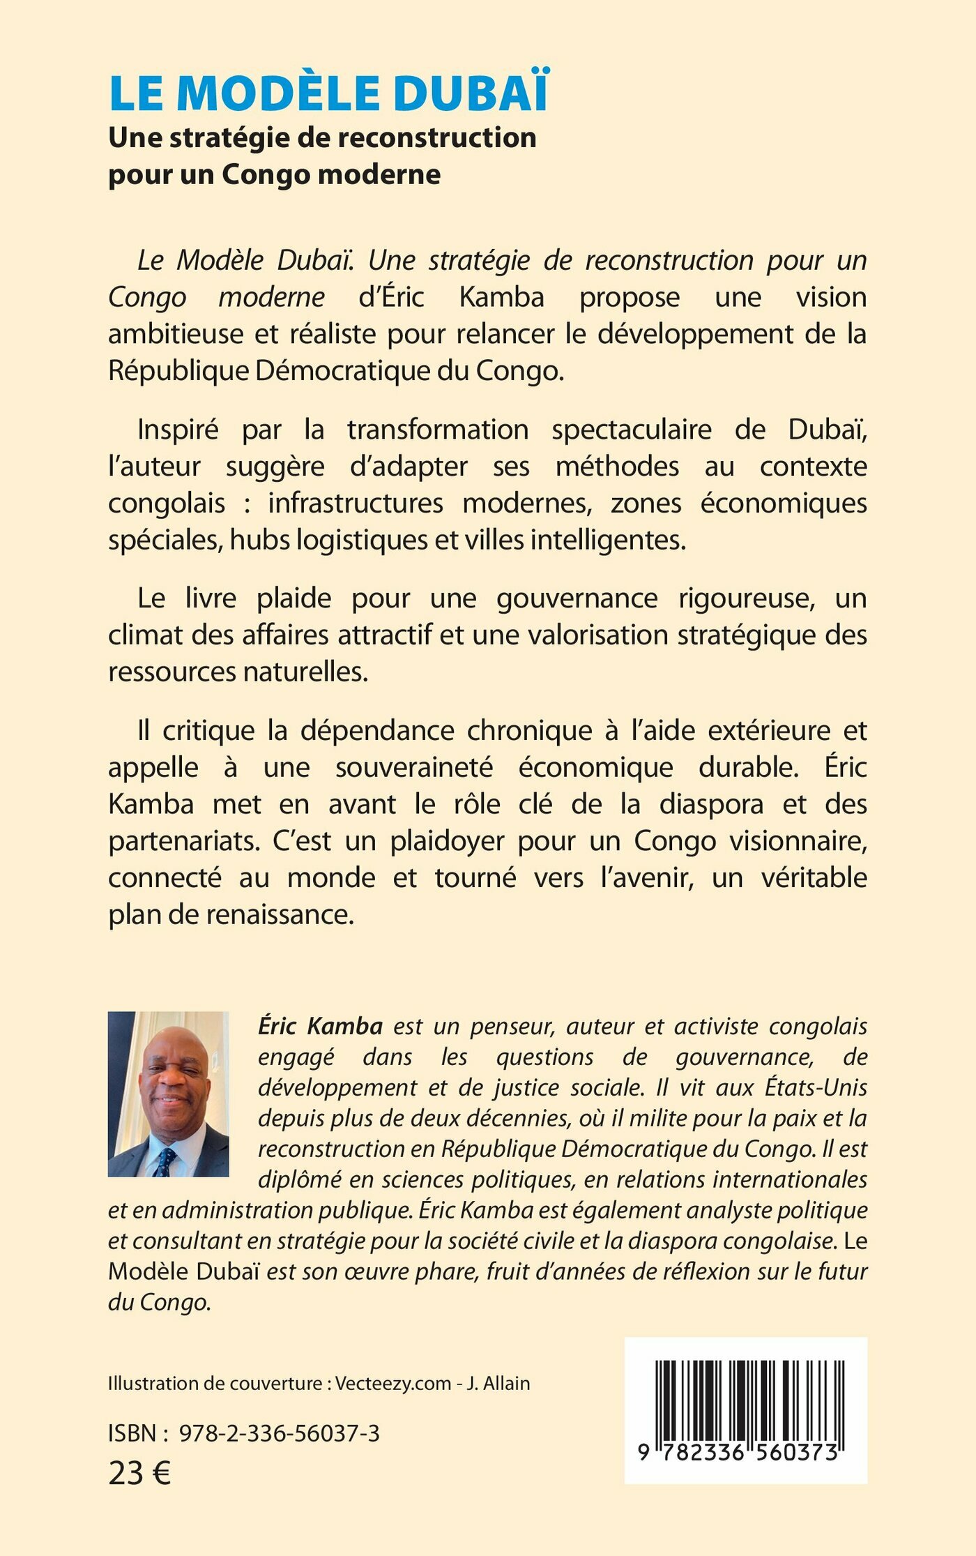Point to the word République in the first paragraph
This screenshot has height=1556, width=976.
tap(178, 370)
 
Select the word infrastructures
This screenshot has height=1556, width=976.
tap(356, 503)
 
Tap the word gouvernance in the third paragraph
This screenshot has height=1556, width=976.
tap(577, 598)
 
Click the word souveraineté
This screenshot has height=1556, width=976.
tap(414, 767)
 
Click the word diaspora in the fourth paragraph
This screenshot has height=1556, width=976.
tap(710, 804)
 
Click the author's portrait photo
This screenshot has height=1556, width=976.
tap(168, 1094)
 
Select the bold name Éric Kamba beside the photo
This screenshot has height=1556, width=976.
tap(320, 1026)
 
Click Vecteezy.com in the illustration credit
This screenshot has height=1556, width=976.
tap(393, 1384)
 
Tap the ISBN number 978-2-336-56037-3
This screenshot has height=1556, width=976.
tap(280, 1433)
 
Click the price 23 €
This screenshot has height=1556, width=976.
tap(139, 1473)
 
